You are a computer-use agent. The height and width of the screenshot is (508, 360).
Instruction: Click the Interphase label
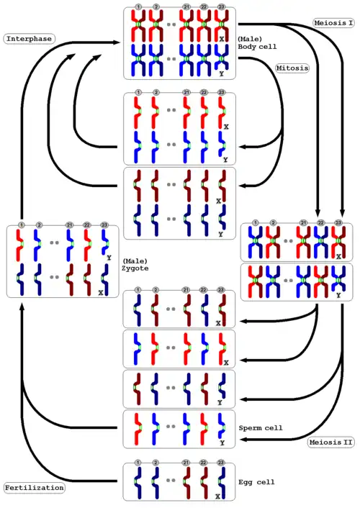(29, 39)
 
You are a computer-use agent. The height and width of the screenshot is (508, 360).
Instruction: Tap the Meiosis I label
(333, 23)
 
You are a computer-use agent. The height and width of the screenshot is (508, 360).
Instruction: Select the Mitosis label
(292, 68)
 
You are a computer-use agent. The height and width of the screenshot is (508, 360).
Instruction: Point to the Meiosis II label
(330, 443)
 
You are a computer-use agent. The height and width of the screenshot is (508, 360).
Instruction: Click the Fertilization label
(34, 488)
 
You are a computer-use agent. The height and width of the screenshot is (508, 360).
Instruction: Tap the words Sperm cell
(261, 428)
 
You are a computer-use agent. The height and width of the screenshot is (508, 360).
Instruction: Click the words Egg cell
(256, 482)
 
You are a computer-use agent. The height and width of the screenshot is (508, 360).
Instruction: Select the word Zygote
(135, 268)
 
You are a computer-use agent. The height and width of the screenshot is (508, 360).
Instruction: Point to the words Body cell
(257, 46)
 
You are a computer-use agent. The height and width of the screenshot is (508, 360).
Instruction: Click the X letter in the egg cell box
(217, 496)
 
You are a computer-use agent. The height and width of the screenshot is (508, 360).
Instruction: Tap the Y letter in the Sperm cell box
(222, 443)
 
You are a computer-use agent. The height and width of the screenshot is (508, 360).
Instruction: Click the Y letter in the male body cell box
(222, 74)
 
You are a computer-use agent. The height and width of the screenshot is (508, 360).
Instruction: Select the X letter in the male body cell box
(222, 39)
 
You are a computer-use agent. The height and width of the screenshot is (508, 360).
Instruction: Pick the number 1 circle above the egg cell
(138, 463)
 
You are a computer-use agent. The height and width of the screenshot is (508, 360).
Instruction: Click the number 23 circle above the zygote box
(104, 224)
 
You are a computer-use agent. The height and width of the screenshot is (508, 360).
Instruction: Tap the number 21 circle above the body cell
(186, 6)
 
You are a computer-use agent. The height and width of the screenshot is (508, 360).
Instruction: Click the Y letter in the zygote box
(109, 258)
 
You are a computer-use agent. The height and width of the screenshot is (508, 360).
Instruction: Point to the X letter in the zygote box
(101, 293)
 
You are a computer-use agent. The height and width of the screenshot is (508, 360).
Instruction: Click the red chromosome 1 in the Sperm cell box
(138, 428)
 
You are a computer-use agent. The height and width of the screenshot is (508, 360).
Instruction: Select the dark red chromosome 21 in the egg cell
(186, 482)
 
